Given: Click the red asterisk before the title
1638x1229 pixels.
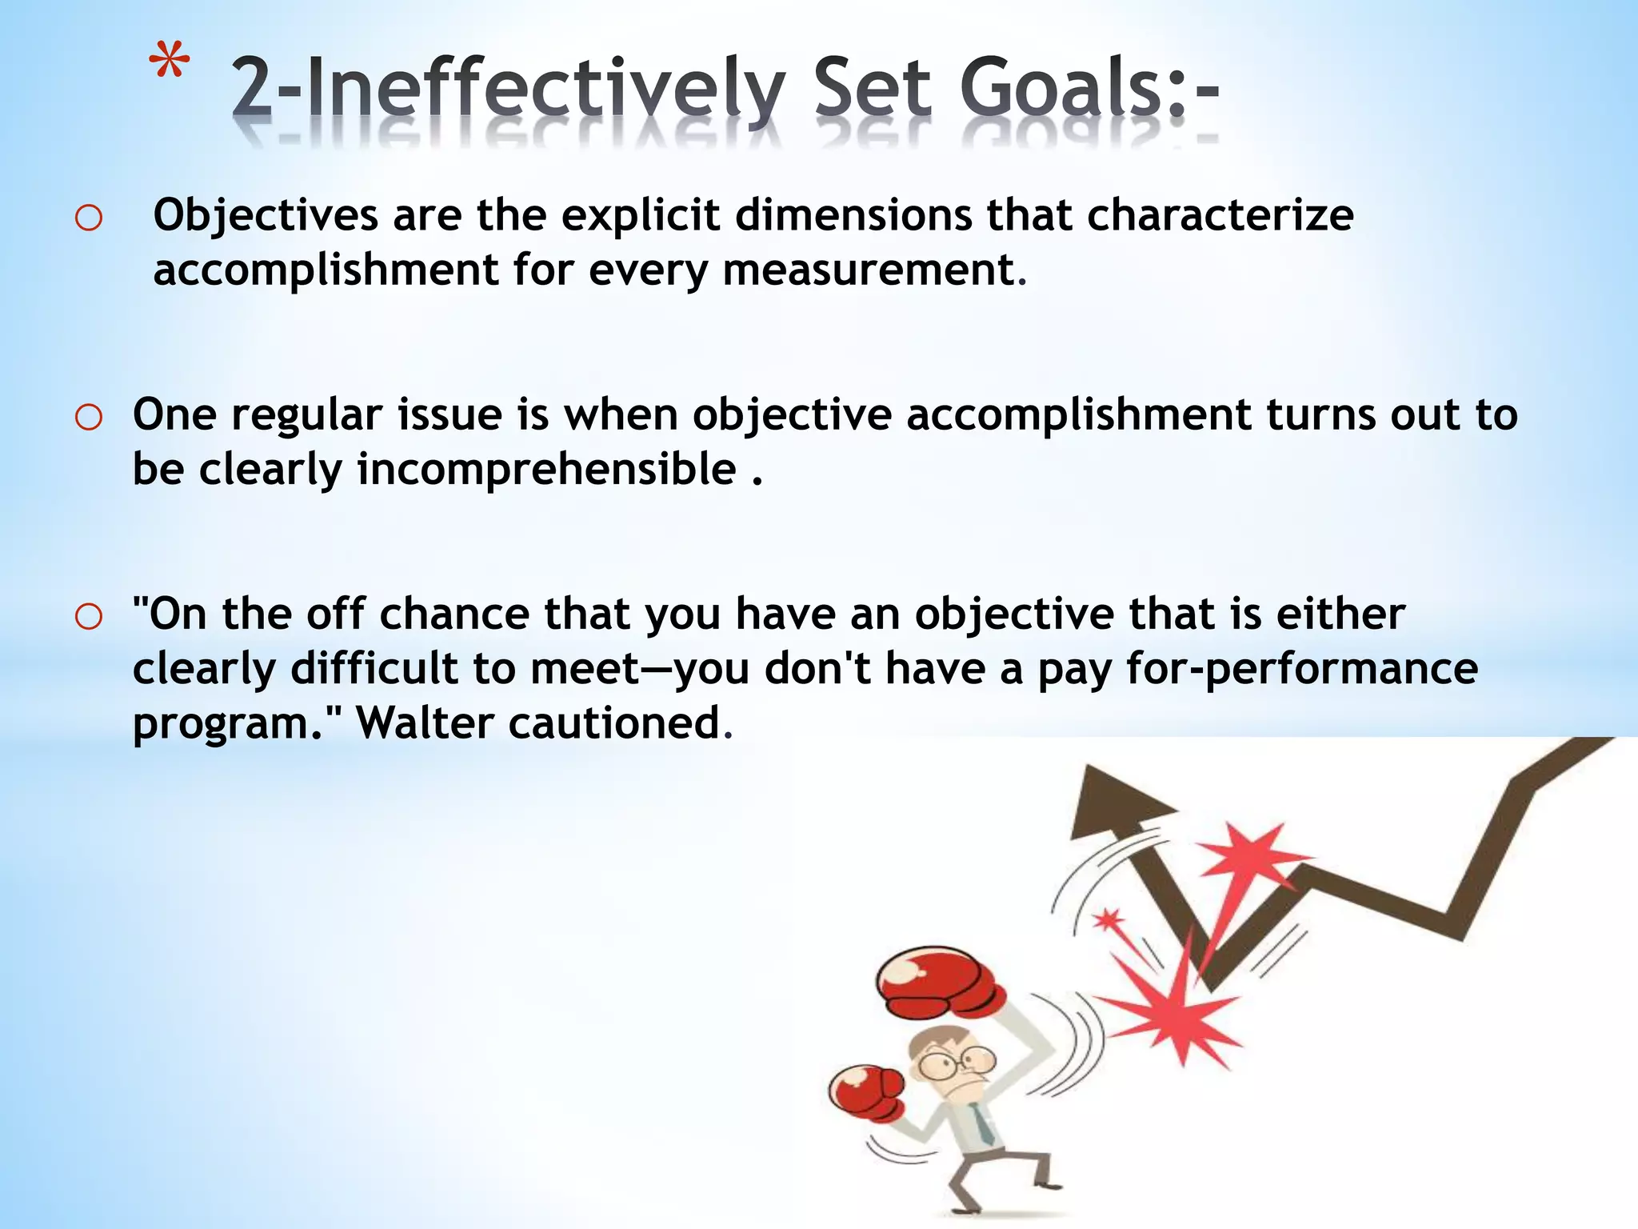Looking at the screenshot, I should [170, 64].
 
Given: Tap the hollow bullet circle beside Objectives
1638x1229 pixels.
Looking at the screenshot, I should [89, 218].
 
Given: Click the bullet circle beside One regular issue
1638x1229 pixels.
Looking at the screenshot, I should [89, 417].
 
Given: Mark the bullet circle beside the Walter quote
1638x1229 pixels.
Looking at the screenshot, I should [89, 616].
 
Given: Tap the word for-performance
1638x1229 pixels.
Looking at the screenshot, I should [1301, 669].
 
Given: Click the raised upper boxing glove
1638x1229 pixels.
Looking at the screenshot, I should [938, 983].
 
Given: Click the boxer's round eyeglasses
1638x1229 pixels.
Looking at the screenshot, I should [956, 1063].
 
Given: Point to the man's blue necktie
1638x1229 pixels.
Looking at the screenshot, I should [983, 1125].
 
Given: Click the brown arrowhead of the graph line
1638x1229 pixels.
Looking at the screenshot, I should [1113, 804].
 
